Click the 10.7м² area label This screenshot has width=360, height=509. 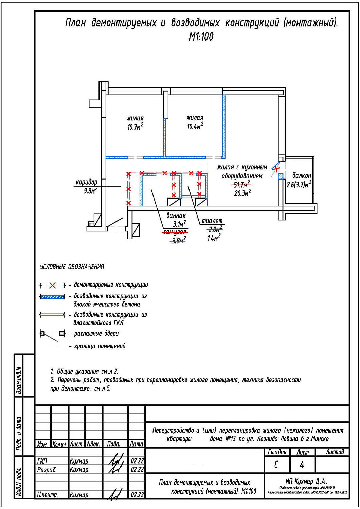tap(135, 127)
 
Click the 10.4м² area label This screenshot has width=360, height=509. tap(195, 127)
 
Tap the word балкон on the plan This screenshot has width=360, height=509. tap(302, 176)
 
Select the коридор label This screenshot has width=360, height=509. tap(86, 182)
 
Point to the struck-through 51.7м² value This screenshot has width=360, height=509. tap(241, 185)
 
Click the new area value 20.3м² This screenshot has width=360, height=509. tap(242, 193)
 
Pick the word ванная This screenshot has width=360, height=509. tap(176, 215)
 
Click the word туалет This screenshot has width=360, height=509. tap(212, 221)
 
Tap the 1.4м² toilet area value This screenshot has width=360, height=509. tap(214, 238)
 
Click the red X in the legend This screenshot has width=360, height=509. tap(52, 285)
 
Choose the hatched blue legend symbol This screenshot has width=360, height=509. tap(52, 297)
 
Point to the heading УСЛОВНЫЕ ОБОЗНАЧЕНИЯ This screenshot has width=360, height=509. tap(72, 267)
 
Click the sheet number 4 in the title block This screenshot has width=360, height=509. tap(302, 465)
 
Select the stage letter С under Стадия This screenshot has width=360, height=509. tap(276, 465)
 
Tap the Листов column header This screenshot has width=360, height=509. tap(335, 452)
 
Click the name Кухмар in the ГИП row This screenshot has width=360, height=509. tap(79, 461)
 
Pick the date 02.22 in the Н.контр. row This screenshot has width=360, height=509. tap(137, 495)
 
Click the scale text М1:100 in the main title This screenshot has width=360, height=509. tap(201, 37)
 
